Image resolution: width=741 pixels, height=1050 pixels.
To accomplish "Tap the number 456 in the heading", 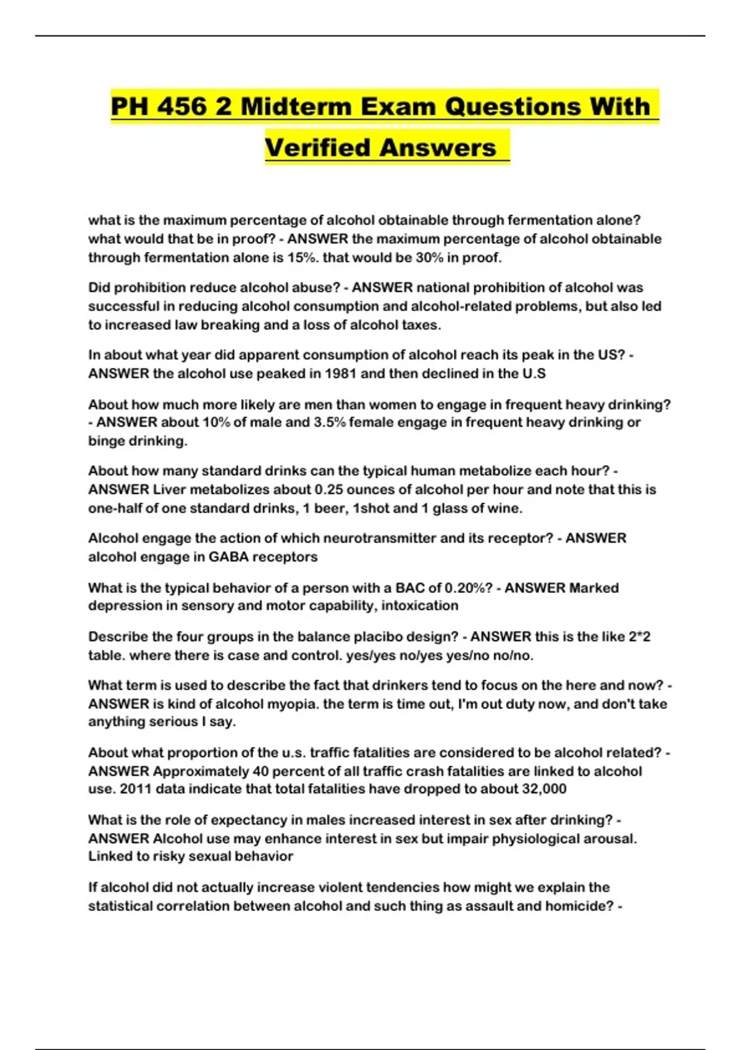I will point(182,107).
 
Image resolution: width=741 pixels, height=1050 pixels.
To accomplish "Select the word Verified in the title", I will point(317,148).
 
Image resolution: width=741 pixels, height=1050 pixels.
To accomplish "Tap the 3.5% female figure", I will point(329,422).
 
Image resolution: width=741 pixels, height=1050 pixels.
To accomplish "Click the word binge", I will point(106,441).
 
